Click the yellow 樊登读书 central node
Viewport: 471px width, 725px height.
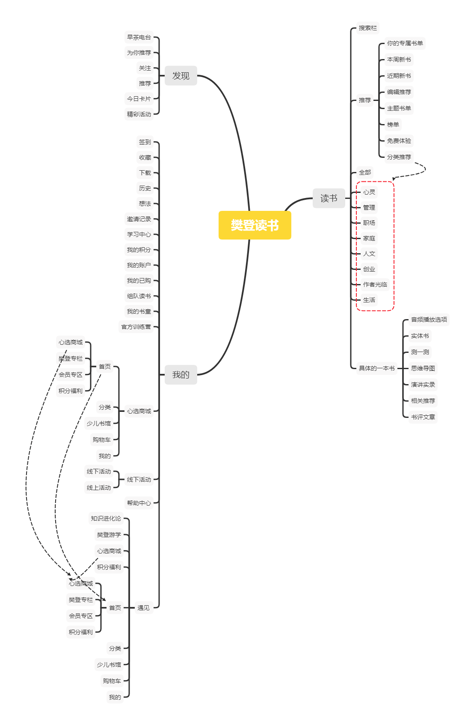click(x=255, y=225)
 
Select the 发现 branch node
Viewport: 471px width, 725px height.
click(x=181, y=76)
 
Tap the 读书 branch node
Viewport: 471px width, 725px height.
click(x=329, y=198)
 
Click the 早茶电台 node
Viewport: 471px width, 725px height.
click(x=139, y=37)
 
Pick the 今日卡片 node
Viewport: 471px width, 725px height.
click(x=139, y=99)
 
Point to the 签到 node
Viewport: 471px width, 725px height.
click(x=145, y=142)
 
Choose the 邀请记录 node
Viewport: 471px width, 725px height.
click(x=139, y=219)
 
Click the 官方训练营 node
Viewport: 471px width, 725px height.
click(x=136, y=327)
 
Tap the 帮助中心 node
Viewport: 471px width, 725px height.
click(x=139, y=503)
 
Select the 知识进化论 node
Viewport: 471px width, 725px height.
click(x=106, y=518)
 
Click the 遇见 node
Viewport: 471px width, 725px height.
click(x=143, y=608)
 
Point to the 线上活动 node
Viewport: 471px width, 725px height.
click(x=98, y=488)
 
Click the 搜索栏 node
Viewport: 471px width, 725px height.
click(x=368, y=28)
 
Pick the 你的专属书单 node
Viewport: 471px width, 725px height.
click(x=405, y=43)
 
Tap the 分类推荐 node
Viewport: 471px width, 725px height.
click(x=399, y=157)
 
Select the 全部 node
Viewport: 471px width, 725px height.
click(x=365, y=172)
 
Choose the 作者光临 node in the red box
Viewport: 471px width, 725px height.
click(x=375, y=284)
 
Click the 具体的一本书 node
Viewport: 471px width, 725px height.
click(x=376, y=368)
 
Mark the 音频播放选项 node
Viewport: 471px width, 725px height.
click(x=429, y=320)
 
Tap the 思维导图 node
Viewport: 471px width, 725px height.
click(x=423, y=368)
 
